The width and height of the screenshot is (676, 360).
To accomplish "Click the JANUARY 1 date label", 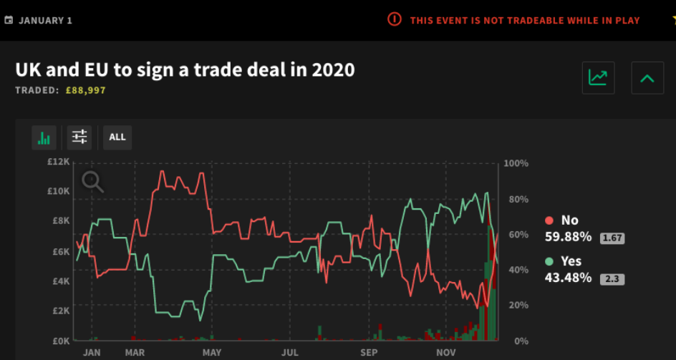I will click(x=45, y=20).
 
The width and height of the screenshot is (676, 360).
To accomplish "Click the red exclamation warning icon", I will click(x=395, y=19).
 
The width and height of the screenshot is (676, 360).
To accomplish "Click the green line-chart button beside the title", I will click(x=597, y=77).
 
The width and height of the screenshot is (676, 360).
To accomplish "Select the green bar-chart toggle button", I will click(x=44, y=137).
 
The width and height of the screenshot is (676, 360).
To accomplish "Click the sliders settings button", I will click(x=79, y=137).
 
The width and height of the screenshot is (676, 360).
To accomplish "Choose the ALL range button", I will click(x=117, y=137).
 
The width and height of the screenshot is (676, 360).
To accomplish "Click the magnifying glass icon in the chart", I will click(x=93, y=183).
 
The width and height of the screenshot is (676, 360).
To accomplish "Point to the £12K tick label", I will click(x=59, y=162).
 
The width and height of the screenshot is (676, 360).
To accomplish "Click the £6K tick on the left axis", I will click(x=60, y=251).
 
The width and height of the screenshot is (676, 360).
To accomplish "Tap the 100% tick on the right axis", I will click(x=516, y=164).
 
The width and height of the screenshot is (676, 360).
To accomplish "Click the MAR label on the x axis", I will click(x=135, y=352).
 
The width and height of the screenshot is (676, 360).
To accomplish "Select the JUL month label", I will click(x=290, y=352).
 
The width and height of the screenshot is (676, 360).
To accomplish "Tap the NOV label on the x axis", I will click(x=446, y=352).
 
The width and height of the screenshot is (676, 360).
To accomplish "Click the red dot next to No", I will click(x=549, y=221).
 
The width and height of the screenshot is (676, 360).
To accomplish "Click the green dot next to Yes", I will click(x=549, y=261).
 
